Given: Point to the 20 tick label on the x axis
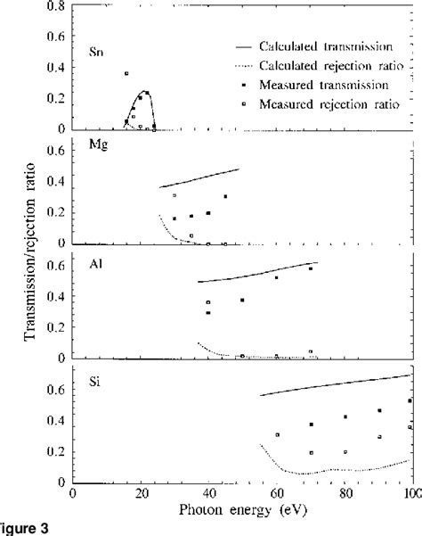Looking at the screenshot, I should point(141,493).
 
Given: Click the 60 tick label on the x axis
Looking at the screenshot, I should point(277,493).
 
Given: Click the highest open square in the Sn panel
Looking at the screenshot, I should point(126,73).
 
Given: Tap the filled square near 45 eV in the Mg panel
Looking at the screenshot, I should point(225,196).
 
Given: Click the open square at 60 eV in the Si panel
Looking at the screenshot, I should point(278,434).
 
